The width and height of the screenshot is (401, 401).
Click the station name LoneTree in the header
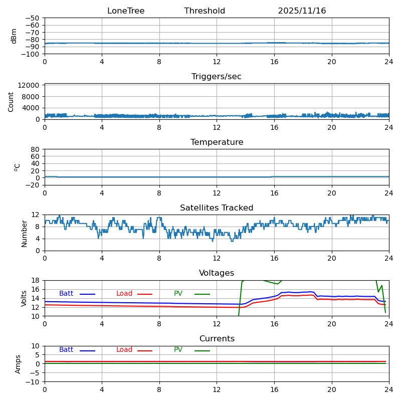pos(126,11)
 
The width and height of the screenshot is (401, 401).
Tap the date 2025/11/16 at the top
pos(302,11)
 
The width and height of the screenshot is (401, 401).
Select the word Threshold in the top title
pos(205,11)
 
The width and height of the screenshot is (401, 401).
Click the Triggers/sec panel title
pos(217,77)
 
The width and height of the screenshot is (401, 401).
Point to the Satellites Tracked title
pos(217,208)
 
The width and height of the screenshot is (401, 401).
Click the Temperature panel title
pos(217,142)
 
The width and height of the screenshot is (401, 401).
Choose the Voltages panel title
pos(217,273)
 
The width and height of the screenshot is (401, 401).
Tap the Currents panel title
pos(217,339)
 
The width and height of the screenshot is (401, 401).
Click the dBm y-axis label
pos(14,36)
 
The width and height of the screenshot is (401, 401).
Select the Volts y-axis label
pos(24,298)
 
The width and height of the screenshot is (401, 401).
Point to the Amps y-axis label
pos(18,364)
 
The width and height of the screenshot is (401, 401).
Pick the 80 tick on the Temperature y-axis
pos(36,149)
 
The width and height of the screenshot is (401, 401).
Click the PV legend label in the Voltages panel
pos(178,294)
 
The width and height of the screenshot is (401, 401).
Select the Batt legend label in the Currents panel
pos(66,350)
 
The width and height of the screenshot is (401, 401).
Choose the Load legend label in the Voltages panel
pos(124,294)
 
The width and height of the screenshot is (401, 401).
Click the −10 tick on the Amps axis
pos(34,382)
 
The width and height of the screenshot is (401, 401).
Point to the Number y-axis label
pos(24,233)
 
